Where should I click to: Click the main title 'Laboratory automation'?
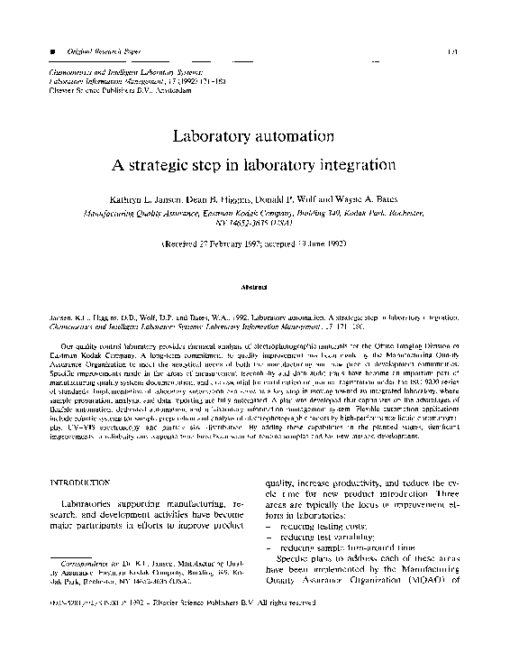click(x=254, y=137)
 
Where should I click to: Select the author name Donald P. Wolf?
click(x=317, y=197)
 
